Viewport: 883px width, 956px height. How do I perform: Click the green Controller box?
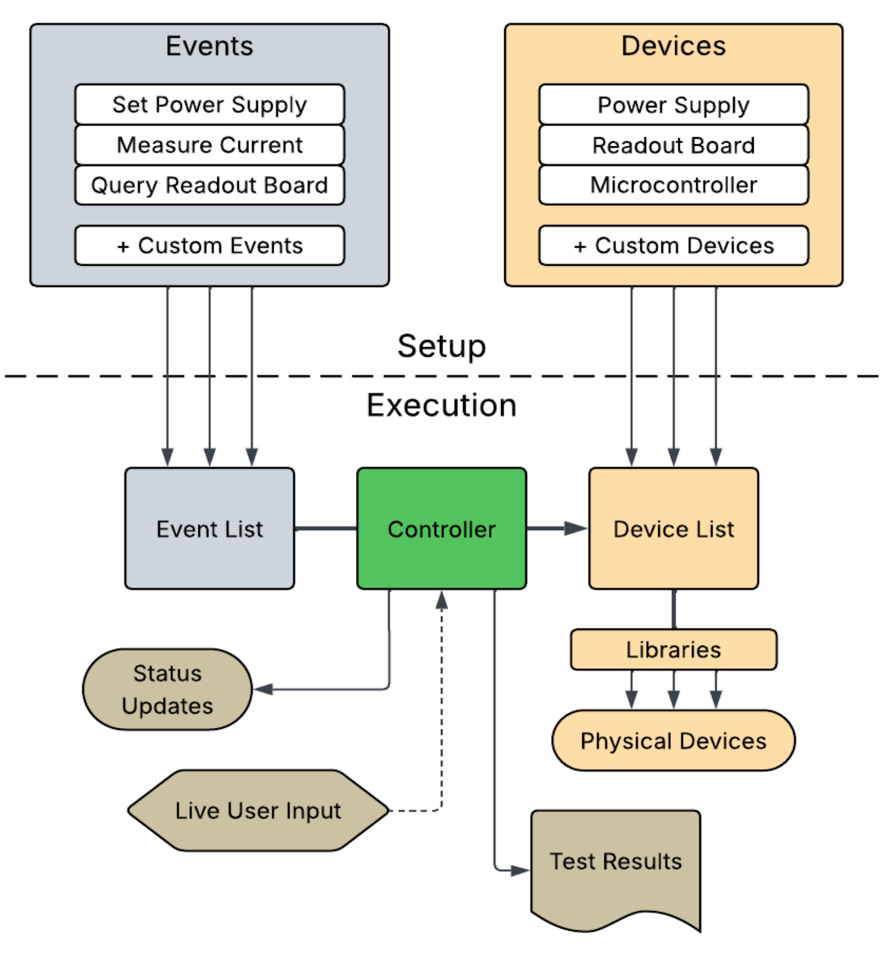tap(441, 528)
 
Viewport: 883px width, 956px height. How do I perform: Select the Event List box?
tap(210, 528)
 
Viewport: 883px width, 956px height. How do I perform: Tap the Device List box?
tap(673, 528)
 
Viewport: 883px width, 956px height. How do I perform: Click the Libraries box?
tap(673, 649)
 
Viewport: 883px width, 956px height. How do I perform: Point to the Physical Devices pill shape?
tap(673, 741)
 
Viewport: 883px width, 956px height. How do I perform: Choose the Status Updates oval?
tap(167, 689)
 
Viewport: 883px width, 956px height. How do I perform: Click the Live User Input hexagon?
tap(258, 811)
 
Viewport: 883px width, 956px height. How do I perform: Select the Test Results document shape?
tap(616, 871)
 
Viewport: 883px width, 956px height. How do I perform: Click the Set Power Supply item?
tap(210, 105)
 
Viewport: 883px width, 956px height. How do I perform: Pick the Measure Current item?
tap(210, 145)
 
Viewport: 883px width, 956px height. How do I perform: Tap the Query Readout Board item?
tap(210, 186)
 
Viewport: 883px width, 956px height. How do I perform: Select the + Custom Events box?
tap(210, 246)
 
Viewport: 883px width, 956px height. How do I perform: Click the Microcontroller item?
tap(673, 186)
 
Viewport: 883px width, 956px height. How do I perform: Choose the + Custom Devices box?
tap(673, 246)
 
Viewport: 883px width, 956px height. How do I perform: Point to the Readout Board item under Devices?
tap(673, 145)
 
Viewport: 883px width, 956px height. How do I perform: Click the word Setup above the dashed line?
tap(441, 347)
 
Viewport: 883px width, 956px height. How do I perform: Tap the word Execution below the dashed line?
tap(441, 405)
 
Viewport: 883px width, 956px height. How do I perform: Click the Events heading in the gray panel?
tap(210, 46)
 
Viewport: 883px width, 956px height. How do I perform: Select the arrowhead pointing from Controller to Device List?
tap(576, 528)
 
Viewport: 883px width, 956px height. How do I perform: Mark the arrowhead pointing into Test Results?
tap(520, 870)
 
